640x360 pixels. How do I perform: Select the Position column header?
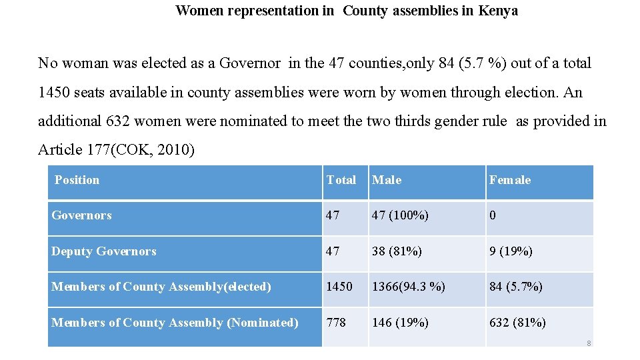coord(77,180)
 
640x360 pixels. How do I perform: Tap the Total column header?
coord(341,180)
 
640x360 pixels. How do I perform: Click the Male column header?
coord(387,180)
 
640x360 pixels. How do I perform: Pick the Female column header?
coord(510,180)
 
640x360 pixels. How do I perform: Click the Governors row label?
coord(81,215)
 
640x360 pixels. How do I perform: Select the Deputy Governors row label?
coord(104,251)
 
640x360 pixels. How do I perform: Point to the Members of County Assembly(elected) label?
coord(161,287)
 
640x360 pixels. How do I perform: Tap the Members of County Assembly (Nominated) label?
coord(175,323)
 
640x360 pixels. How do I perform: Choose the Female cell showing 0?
coord(493,215)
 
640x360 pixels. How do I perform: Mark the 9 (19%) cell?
coord(511,251)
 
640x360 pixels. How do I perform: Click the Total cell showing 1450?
coord(339,287)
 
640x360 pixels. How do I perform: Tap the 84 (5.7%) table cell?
coord(516,287)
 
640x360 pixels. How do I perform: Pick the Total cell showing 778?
coord(336,323)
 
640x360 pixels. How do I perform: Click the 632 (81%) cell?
coord(517,323)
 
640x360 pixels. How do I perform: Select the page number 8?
coord(589,343)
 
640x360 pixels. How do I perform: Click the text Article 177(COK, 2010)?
coord(116,150)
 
